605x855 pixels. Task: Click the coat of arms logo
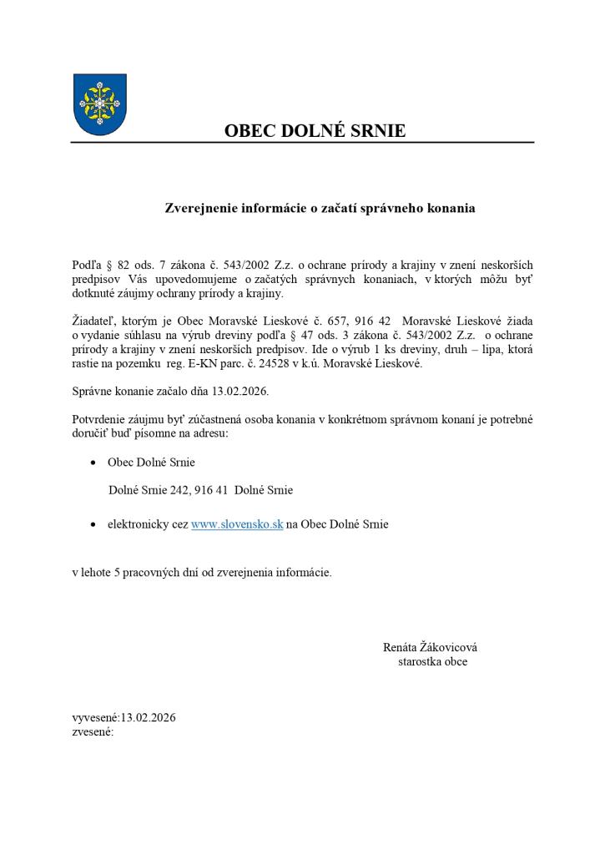click(100, 104)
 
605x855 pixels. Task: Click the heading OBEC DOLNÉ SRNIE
click(315, 131)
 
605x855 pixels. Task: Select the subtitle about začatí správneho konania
click(320, 209)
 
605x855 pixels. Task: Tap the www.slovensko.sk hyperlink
click(237, 524)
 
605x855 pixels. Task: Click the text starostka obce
click(432, 661)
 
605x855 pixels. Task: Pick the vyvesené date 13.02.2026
click(149, 717)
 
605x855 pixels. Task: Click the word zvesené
click(92, 731)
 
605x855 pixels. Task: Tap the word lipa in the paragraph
click(488, 350)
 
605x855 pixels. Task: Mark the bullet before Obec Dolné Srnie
click(93, 463)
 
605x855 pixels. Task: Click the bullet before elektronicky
click(93, 525)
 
